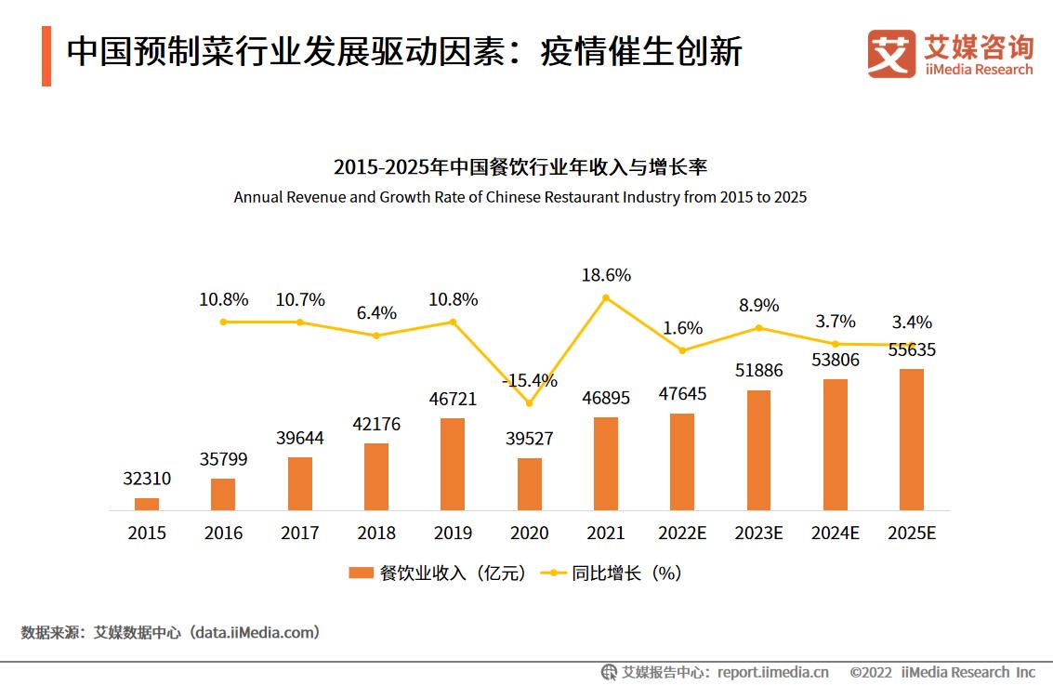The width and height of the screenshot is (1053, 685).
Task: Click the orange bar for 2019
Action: tap(453, 464)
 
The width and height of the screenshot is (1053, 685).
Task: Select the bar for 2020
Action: tap(529, 483)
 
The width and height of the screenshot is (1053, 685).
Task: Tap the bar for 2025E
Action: tap(912, 439)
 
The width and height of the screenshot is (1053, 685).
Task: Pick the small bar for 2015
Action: tap(147, 504)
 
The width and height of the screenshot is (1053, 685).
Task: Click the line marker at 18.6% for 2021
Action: tap(606, 297)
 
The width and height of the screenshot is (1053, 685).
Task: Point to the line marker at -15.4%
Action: tap(529, 403)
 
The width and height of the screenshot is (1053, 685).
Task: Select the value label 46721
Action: tap(453, 399)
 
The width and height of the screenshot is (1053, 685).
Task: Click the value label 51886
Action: tap(758, 370)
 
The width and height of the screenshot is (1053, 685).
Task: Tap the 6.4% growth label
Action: tap(376, 313)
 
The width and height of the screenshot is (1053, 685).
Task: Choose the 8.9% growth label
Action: tap(758, 305)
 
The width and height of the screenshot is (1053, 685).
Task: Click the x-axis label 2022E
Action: tap(682, 534)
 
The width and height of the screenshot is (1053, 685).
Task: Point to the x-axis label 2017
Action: tap(299, 534)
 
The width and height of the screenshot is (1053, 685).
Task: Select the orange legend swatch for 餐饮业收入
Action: tap(361, 573)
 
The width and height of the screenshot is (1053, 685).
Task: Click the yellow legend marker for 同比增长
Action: tap(554, 573)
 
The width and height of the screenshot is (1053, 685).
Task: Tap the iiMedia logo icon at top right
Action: tap(891, 54)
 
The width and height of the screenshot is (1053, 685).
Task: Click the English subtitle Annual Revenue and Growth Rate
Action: tap(520, 197)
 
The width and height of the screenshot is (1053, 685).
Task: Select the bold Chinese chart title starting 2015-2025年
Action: tap(520, 167)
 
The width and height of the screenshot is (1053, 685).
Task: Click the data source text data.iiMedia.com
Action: tap(255, 633)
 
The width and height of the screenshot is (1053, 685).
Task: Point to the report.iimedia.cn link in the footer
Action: tap(773, 672)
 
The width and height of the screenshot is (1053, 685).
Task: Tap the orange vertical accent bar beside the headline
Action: tap(46, 56)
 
